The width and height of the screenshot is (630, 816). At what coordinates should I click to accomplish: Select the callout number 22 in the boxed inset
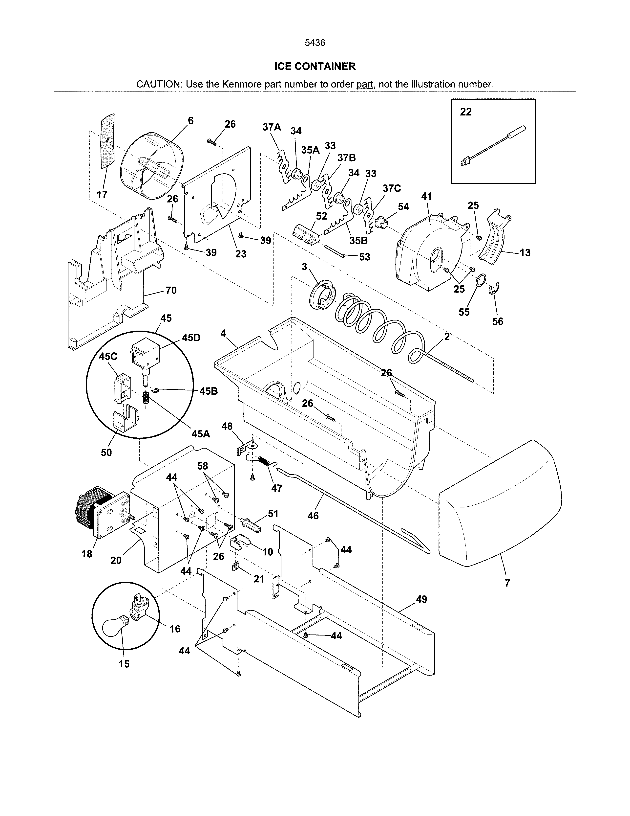(465, 112)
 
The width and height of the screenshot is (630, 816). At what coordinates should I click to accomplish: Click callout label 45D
(191, 338)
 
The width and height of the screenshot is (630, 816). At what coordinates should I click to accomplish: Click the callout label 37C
(392, 188)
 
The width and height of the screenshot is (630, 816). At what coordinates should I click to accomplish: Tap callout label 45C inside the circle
(108, 356)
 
